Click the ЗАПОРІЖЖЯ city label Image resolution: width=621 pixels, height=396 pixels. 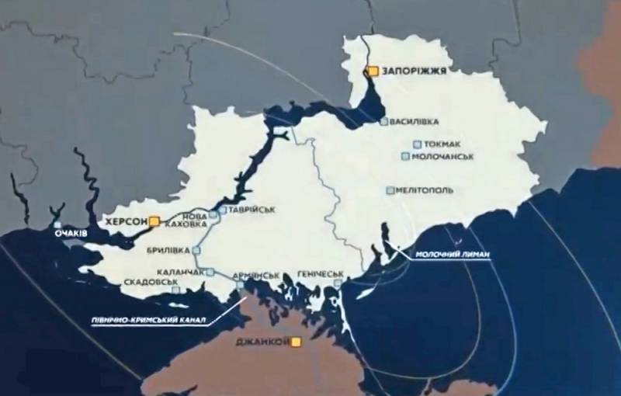click(x=414, y=71)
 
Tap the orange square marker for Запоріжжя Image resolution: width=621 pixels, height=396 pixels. click(x=373, y=71)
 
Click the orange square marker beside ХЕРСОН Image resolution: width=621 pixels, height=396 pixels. click(x=154, y=221)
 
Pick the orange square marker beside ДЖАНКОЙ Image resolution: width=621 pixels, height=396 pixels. click(x=295, y=342)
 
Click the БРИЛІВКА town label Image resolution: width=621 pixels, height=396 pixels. click(x=167, y=251)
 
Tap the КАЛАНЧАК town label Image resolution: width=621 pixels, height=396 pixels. click(x=180, y=273)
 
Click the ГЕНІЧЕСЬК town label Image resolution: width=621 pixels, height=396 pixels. click(x=320, y=275)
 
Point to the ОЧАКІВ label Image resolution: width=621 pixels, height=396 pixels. click(x=70, y=232)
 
